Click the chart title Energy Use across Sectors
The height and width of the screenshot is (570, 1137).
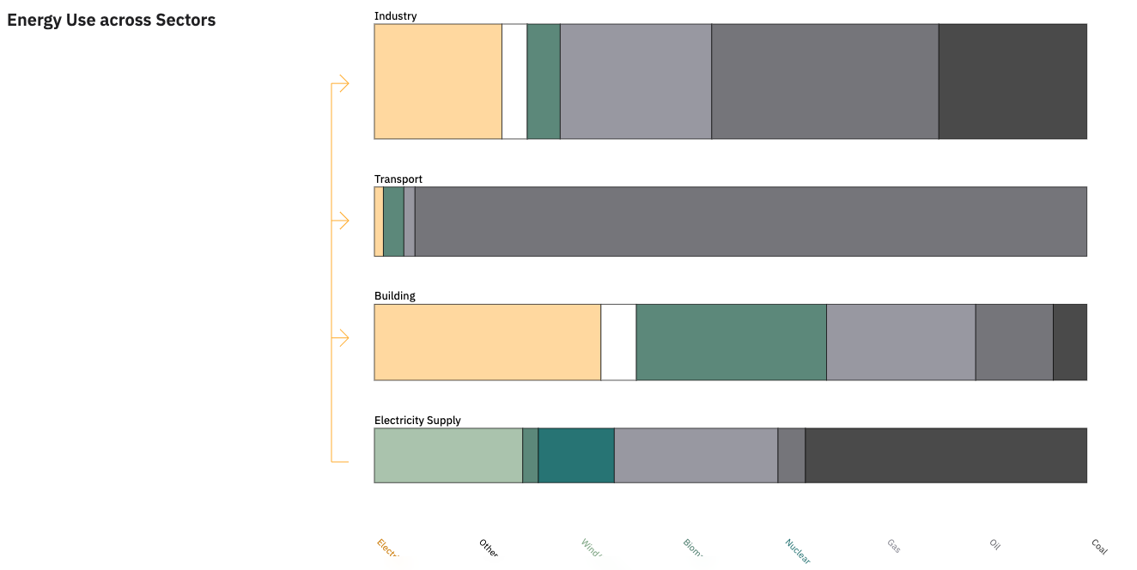112,21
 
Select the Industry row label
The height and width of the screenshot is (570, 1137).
395,16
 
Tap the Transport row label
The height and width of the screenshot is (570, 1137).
398,179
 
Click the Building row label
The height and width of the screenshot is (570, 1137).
394,296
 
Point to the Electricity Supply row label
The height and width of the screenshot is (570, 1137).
417,421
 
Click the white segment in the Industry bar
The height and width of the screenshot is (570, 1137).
514,82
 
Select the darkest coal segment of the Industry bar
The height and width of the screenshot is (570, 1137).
1012,82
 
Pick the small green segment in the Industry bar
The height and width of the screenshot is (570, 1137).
543,82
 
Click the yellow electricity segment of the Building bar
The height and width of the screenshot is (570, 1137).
487,343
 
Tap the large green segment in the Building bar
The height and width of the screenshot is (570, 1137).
731,343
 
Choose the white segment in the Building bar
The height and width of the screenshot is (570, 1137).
617,343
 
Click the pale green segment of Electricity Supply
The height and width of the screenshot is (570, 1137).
447,456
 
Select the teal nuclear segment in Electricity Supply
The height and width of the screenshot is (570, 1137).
575,456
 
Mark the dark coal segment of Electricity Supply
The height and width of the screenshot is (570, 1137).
945,456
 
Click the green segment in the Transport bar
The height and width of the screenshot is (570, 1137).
393,221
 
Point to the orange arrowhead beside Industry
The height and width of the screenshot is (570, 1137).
343,83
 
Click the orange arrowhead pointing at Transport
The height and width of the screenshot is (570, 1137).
343,221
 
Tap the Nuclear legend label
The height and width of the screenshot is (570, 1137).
797,551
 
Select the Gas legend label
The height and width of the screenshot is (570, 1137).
894,546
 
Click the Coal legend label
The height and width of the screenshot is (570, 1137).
1099,546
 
